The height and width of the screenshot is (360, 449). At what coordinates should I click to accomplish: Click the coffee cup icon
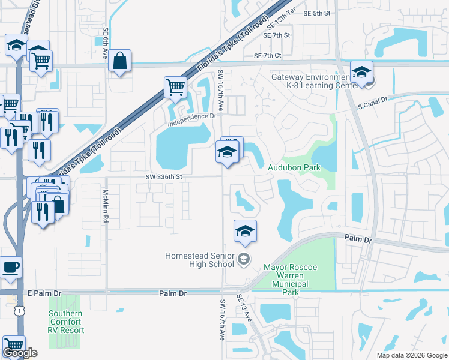pos(11,267)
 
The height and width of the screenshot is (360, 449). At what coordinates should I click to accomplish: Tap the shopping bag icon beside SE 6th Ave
pos(120,61)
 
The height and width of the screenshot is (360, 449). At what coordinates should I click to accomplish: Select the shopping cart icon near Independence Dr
pos(175,88)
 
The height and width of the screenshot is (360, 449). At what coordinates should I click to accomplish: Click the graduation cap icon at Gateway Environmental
pos(361,73)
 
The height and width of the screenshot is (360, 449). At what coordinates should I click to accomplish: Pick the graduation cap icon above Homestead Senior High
pos(245,231)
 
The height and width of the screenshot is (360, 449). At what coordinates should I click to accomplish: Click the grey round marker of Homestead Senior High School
pos(243,259)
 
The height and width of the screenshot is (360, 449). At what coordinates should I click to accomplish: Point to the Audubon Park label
pos(294,169)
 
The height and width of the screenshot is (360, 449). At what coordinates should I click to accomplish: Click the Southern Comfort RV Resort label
pos(65,322)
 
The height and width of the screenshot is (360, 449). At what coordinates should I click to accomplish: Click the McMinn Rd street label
pos(105,206)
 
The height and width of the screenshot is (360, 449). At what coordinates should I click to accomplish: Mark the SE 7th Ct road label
pos(267,56)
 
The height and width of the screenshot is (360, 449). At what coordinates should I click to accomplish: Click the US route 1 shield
pos(20,310)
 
